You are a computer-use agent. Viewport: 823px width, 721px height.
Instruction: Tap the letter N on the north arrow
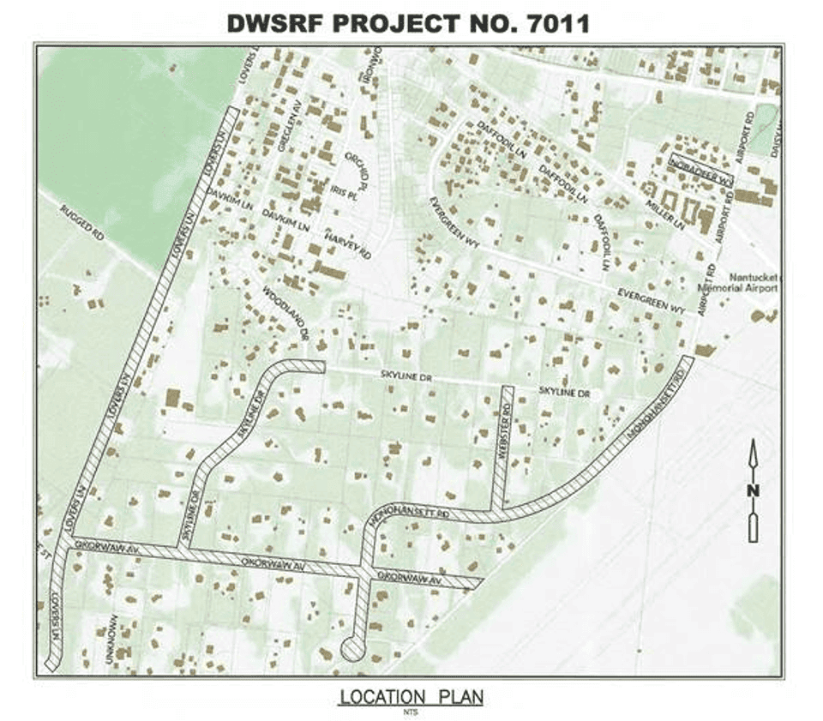coord(753,490)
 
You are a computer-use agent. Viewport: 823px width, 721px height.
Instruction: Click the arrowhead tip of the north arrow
coord(753,442)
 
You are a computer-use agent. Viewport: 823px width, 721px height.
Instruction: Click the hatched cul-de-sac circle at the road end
coord(352,649)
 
